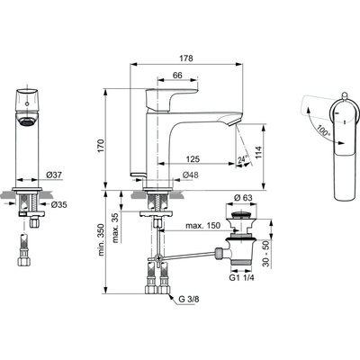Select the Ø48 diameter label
pyautogui.click(x=191, y=174)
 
